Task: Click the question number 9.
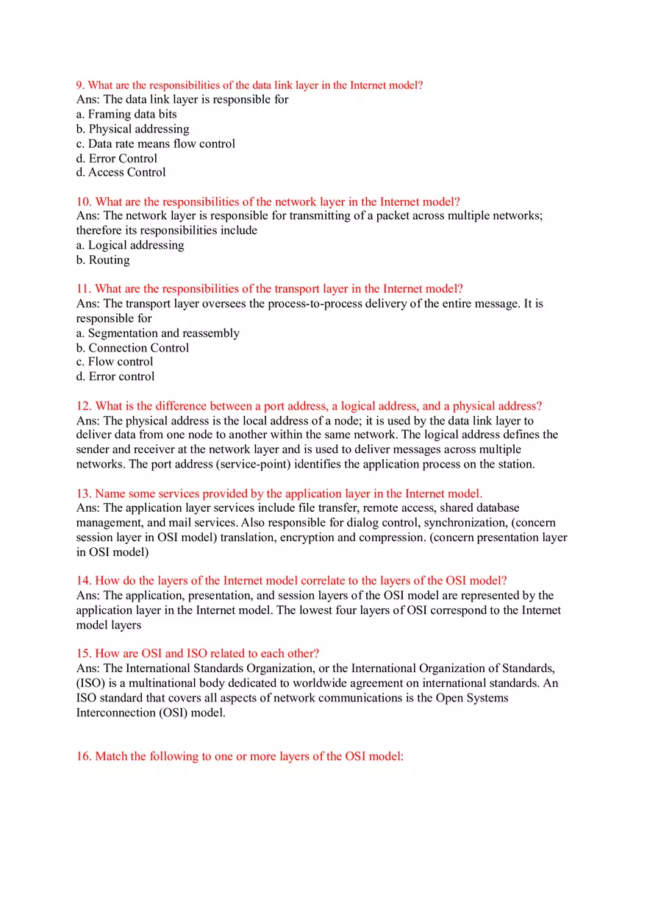pyautogui.click(x=80, y=85)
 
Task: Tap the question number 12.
pyautogui.click(x=84, y=406)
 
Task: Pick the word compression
pyautogui.click(x=394, y=538)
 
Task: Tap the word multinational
pyautogui.click(x=137, y=683)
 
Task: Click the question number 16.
pyautogui.click(x=84, y=757)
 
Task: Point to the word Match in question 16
pyautogui.click(x=112, y=757)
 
